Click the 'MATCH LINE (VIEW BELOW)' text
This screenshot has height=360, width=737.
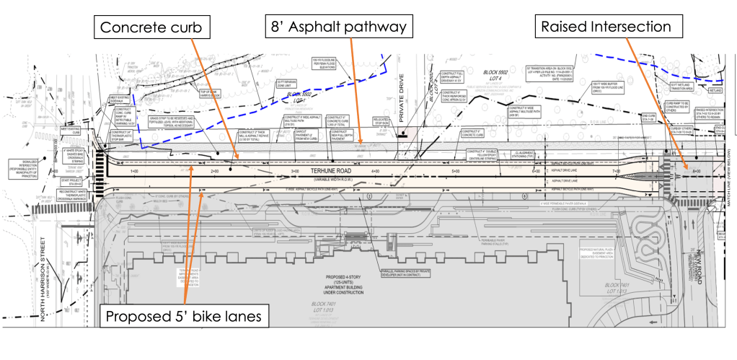pos(731,176)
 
